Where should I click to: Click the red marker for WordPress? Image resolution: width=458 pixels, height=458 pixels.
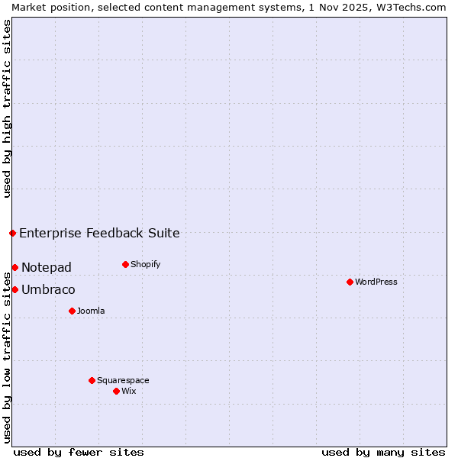coord(350,282)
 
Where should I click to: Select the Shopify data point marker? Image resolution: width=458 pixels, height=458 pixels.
coord(125,264)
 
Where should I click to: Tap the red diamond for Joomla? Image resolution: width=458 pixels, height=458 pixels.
coord(72,311)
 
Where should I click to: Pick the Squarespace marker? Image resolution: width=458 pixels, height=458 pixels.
coord(92,380)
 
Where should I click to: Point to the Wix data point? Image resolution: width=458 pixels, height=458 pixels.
coord(116,391)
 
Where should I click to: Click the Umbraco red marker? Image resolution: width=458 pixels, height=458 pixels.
coord(15,289)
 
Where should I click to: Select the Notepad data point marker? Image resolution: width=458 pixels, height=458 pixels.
coord(15,267)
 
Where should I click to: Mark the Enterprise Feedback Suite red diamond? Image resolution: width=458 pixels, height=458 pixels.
coord(13,233)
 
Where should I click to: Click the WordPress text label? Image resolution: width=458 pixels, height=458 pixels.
coord(376,282)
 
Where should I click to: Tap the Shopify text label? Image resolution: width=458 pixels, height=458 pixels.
coord(145,264)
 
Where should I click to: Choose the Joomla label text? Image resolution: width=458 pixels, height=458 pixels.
coord(91,311)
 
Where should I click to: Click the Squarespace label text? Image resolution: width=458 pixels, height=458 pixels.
coord(123,380)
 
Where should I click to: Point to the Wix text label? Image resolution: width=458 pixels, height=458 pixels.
coord(128,391)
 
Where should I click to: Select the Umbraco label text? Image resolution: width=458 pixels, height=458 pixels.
coord(48,289)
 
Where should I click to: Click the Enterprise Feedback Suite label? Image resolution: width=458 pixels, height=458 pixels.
coord(99,233)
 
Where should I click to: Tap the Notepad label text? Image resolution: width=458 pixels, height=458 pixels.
coord(47,267)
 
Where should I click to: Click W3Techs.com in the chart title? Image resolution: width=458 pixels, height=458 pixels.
coord(409,7)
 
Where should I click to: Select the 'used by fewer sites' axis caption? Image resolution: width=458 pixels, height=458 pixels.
coord(79,452)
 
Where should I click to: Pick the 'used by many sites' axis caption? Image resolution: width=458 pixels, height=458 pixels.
coord(383,452)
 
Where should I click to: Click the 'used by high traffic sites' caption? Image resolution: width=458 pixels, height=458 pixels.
coord(7,108)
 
